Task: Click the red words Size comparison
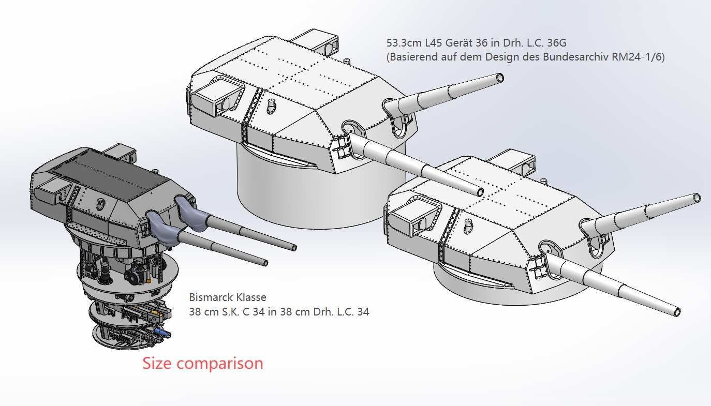[203, 364]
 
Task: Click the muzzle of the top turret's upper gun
[499, 78]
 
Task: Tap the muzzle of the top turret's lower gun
[480, 192]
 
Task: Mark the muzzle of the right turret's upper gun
[697, 198]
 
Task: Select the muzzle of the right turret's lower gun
[677, 312]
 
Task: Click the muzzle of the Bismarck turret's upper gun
[294, 248]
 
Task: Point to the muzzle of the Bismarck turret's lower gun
[265, 263]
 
